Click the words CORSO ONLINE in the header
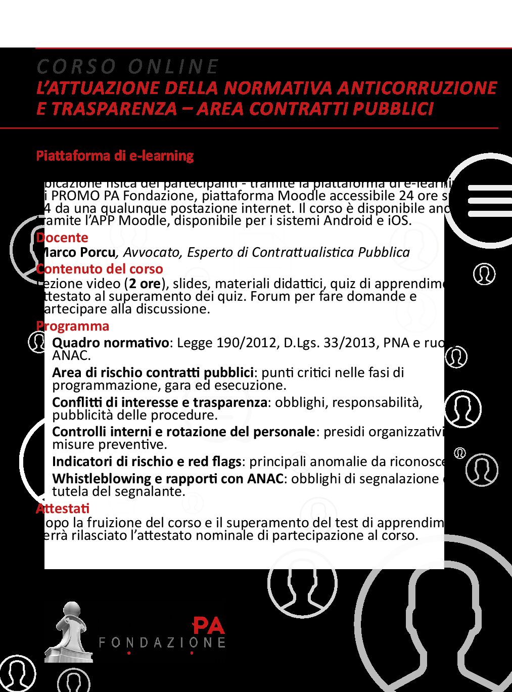127,66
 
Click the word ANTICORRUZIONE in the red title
417,88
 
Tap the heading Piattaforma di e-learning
115,155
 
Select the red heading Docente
63,238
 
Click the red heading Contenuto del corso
100,268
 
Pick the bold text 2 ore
145,283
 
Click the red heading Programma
73,326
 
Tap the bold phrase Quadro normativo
111,343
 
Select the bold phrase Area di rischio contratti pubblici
153,373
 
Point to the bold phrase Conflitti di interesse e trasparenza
160,402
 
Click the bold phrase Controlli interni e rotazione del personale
183,432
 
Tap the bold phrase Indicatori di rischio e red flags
147,462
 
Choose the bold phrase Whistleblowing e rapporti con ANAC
167,479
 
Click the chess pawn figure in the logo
68,632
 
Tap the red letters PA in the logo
209,626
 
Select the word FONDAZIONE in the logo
162,642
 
